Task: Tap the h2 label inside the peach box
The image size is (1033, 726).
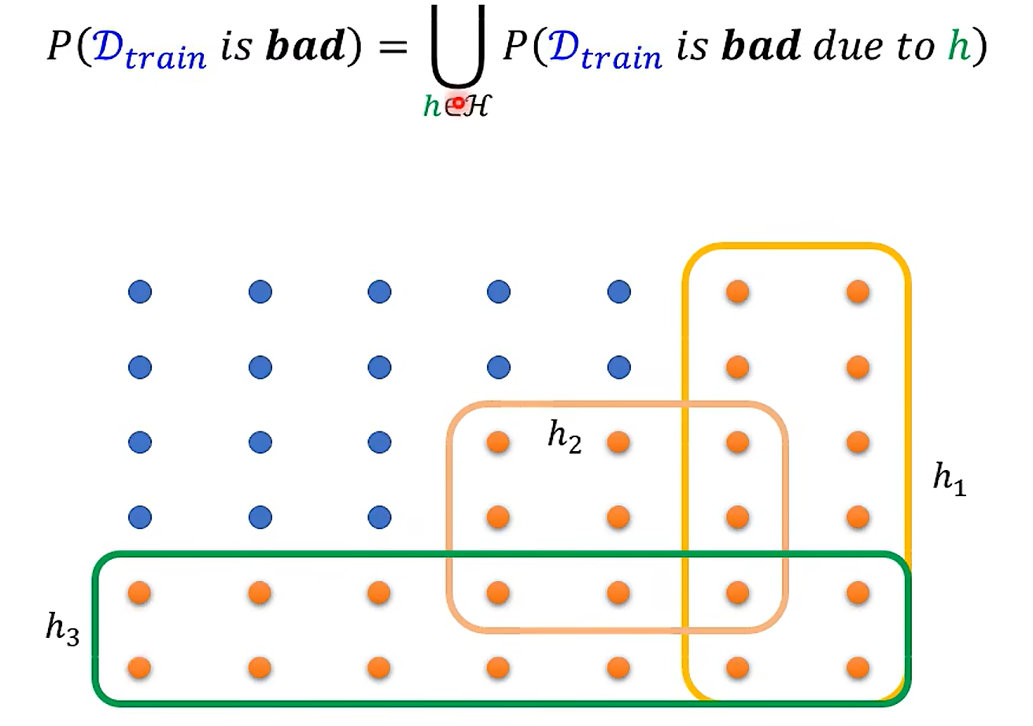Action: click(x=565, y=439)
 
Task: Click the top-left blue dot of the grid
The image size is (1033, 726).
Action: click(x=140, y=292)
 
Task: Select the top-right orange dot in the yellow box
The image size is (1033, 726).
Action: click(x=858, y=292)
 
